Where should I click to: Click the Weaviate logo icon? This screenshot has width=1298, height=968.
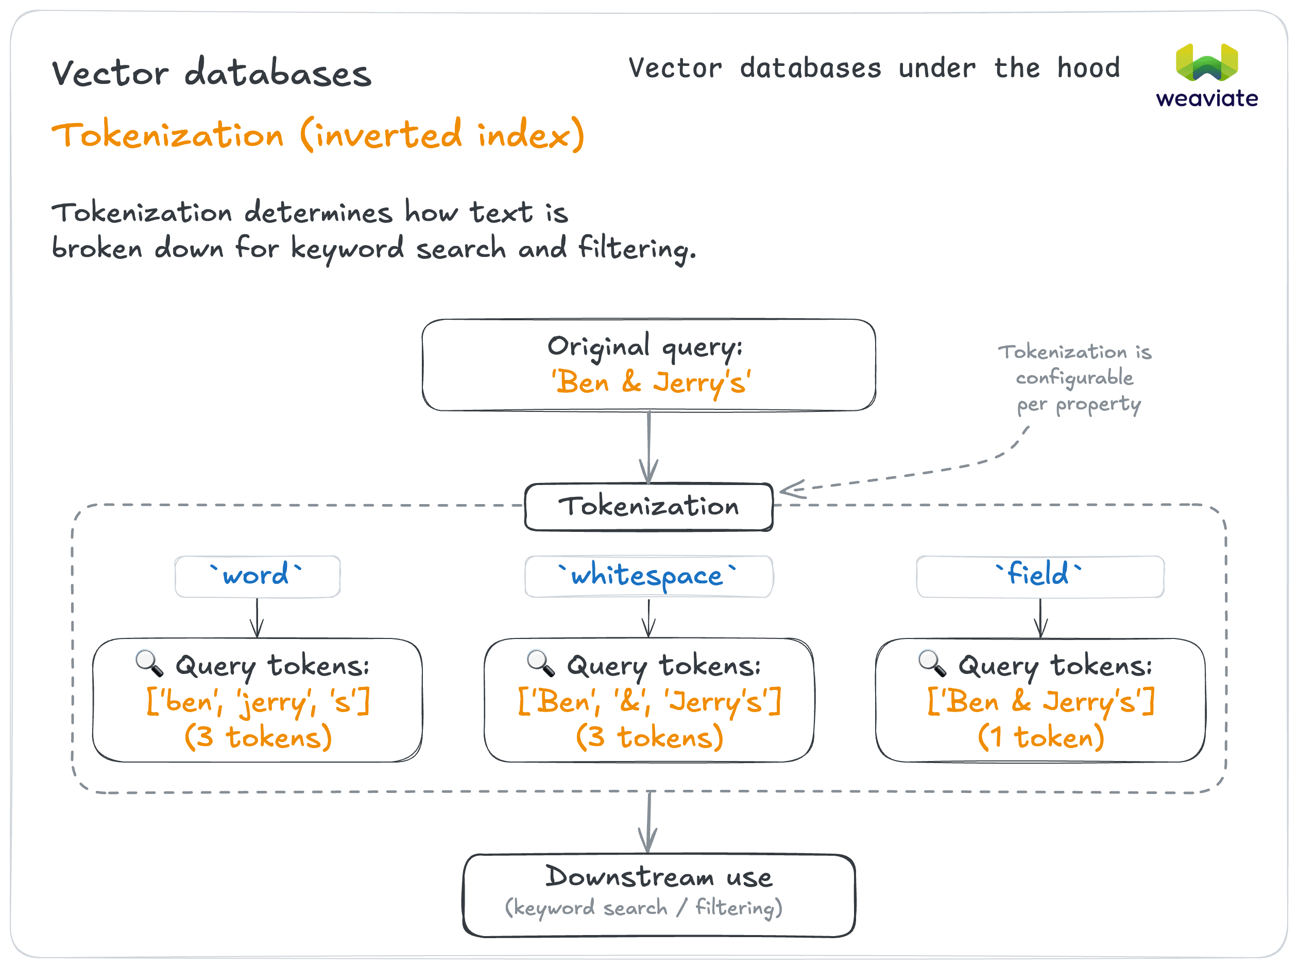[1207, 62]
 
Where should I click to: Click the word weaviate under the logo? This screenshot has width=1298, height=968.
[1207, 98]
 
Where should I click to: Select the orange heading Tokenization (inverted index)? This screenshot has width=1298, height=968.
[318, 135]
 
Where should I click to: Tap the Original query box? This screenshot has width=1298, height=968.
[648, 365]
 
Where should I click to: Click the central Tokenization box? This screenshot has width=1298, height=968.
[648, 507]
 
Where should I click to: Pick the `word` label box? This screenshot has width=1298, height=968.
[257, 576]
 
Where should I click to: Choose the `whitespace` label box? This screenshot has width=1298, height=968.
[648, 576]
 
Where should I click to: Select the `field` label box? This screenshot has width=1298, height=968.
[1039, 576]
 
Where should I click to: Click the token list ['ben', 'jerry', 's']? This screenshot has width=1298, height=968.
[258, 701]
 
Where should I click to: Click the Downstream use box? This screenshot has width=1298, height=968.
[659, 895]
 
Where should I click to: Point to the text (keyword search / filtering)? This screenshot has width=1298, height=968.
[643, 908]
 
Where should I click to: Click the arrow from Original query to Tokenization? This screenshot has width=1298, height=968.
[648, 447]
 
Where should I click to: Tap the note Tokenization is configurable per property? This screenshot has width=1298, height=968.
[1075, 378]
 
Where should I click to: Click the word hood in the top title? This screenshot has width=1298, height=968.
[1088, 68]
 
